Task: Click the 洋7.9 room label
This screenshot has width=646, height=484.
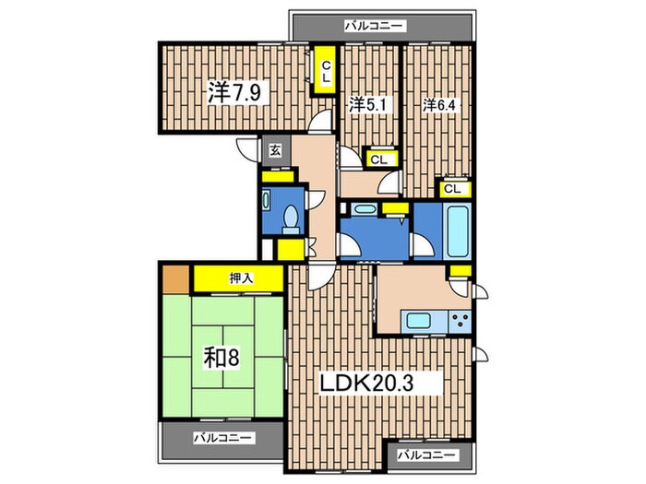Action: (x=234, y=92)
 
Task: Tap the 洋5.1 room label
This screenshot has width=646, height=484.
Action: (x=368, y=105)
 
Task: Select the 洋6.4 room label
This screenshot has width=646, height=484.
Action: (x=439, y=106)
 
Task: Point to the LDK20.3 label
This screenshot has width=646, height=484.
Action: (x=365, y=384)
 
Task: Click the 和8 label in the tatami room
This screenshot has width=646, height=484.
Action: (x=221, y=359)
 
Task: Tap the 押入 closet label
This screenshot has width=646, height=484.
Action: (x=241, y=278)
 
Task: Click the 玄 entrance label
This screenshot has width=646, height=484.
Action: (x=275, y=150)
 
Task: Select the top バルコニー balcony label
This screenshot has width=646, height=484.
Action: (x=373, y=27)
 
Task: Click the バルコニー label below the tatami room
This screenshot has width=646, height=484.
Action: (x=222, y=438)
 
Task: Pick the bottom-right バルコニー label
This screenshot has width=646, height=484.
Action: (x=427, y=455)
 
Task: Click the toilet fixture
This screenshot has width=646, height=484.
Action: (x=291, y=219)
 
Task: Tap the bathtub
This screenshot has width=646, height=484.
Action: (x=458, y=231)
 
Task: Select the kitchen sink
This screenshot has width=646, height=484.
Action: (x=419, y=320)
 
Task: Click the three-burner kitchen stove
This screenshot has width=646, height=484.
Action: (x=461, y=321)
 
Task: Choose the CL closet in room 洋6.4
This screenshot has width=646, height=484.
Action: (x=452, y=189)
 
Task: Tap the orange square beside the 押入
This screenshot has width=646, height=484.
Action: (x=176, y=278)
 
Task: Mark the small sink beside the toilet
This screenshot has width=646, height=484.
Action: (x=266, y=200)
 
